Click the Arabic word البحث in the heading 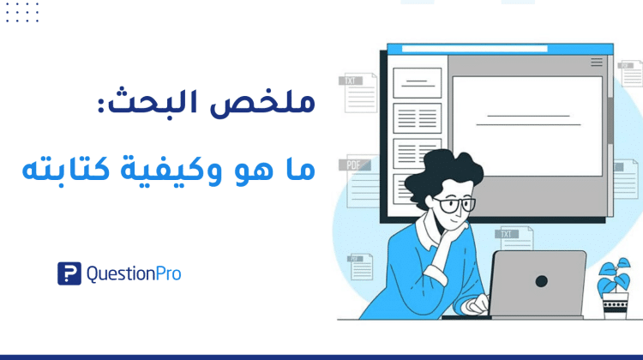pos(153,100)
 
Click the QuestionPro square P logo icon pos(69,273)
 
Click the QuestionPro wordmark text pos(134,274)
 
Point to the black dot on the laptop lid pos(542,281)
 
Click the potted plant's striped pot pos(615,305)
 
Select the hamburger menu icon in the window pos(597,62)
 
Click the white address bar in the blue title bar pos(474,49)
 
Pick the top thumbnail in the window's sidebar pos(417,83)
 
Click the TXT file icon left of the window pos(358,93)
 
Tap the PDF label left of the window pos(353,165)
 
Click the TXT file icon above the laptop pos(514,238)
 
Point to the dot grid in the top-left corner pos(22,12)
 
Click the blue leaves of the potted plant pos(614,275)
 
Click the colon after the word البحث pos(101,106)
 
